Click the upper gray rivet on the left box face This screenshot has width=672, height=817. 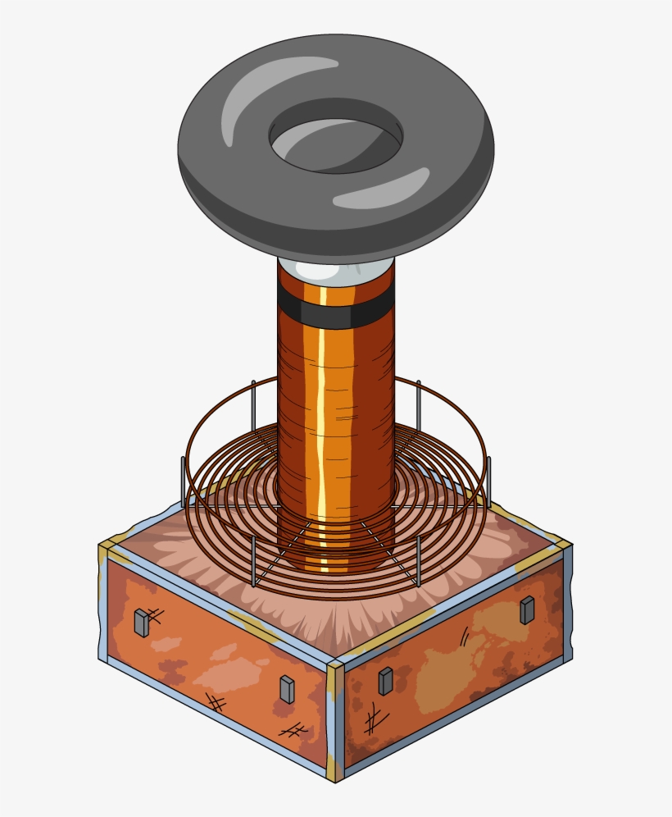tap(142, 623)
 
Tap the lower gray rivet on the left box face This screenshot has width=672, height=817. tap(287, 690)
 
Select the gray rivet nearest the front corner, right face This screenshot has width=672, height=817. tap(385, 680)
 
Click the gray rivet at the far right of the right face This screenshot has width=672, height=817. tap(527, 609)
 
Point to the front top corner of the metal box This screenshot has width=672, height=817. tap(335, 664)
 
